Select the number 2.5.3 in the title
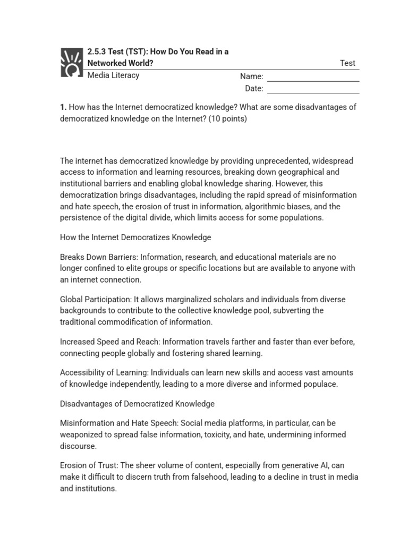(97, 52)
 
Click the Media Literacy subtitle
(113, 75)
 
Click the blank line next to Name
(313, 80)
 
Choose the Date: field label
(254, 88)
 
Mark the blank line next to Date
(313, 92)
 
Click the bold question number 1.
(63, 107)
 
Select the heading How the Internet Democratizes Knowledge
(135, 237)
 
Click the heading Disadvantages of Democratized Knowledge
(137, 404)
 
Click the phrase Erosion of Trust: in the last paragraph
(89, 466)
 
